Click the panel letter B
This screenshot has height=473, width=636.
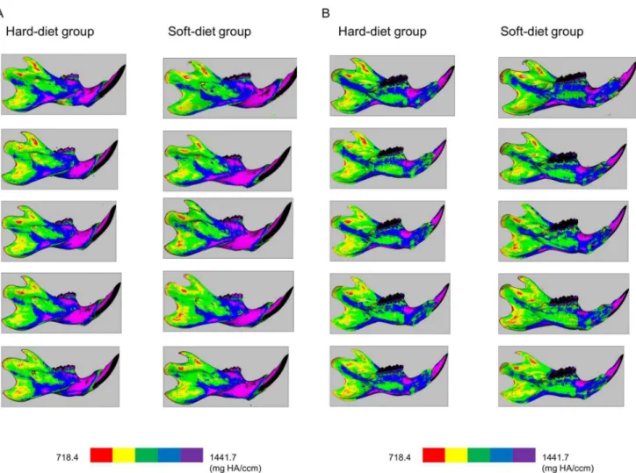(326, 13)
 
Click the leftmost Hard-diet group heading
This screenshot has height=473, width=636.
(50, 32)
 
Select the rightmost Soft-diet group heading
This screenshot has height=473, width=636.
(542, 32)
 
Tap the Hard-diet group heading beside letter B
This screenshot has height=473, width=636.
(382, 32)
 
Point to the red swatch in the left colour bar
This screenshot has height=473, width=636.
(101, 455)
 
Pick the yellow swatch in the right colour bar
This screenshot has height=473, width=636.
(456, 455)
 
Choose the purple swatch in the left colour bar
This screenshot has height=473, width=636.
(192, 455)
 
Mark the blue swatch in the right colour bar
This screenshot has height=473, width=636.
(502, 455)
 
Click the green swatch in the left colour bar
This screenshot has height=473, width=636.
(147, 455)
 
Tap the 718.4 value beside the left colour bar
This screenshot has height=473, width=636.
(67, 457)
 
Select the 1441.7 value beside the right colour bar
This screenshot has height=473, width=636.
(555, 457)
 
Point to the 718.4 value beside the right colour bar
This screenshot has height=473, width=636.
(400, 457)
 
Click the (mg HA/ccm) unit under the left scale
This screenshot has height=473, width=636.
(235, 469)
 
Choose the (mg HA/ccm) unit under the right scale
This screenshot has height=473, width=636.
(567, 469)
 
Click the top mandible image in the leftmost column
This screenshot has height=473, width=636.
(63, 84)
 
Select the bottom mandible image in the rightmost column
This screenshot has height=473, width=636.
(561, 376)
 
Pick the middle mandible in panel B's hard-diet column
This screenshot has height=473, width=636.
(387, 231)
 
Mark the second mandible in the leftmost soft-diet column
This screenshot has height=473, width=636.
(228, 161)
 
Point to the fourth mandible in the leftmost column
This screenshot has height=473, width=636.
(61, 303)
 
